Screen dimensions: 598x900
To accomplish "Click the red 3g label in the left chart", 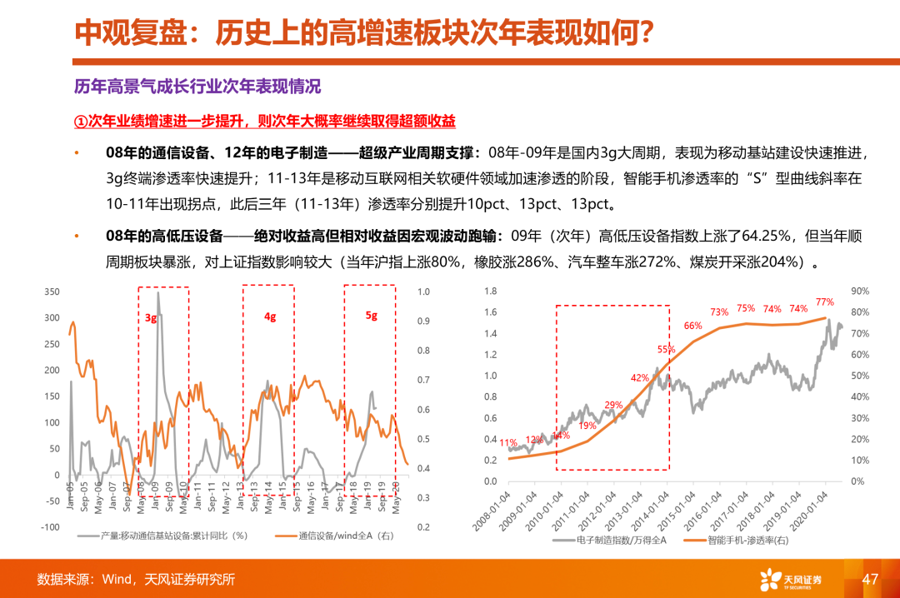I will pos(151,317).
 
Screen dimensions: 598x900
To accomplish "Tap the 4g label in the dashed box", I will pos(270,317).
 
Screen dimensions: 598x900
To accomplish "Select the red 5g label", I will pos(372,316).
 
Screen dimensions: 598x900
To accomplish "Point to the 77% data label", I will pos(825,301).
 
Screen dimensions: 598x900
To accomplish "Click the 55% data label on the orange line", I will pos(666,350).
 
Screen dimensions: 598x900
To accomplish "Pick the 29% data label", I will pos(613,405).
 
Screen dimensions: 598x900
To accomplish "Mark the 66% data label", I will pos(693,326).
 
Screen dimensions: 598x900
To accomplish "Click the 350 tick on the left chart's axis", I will pos(52,292).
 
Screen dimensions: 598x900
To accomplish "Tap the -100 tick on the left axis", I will pos(50,527).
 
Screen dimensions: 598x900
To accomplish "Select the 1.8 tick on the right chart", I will pos(490,292).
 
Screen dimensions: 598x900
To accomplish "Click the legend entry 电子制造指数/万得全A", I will pos(612,540).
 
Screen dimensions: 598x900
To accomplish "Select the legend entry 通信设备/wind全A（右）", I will pos(341,536).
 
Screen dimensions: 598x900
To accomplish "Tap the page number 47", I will pos(871,579).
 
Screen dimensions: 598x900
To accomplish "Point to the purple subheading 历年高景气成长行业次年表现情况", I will pos(197,87).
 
